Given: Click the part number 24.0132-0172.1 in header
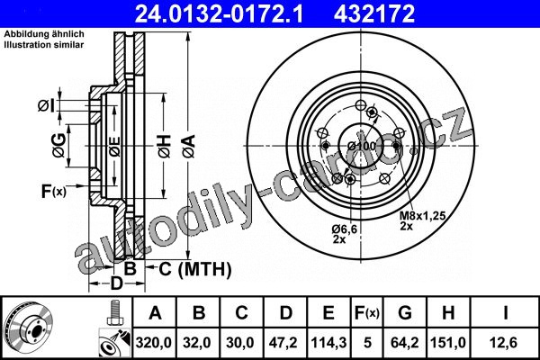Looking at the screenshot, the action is click(x=219, y=13).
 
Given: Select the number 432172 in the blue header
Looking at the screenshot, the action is click(x=374, y=13).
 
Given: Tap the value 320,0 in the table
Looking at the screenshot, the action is click(x=154, y=343).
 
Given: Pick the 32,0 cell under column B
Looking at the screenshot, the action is click(x=197, y=343).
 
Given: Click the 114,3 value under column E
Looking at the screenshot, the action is click(x=328, y=343).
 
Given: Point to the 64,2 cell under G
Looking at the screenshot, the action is click(x=405, y=343).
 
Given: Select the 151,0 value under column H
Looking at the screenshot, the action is click(x=448, y=343).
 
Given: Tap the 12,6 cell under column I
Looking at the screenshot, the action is click(x=504, y=343).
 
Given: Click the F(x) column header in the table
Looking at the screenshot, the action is click(x=367, y=313).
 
